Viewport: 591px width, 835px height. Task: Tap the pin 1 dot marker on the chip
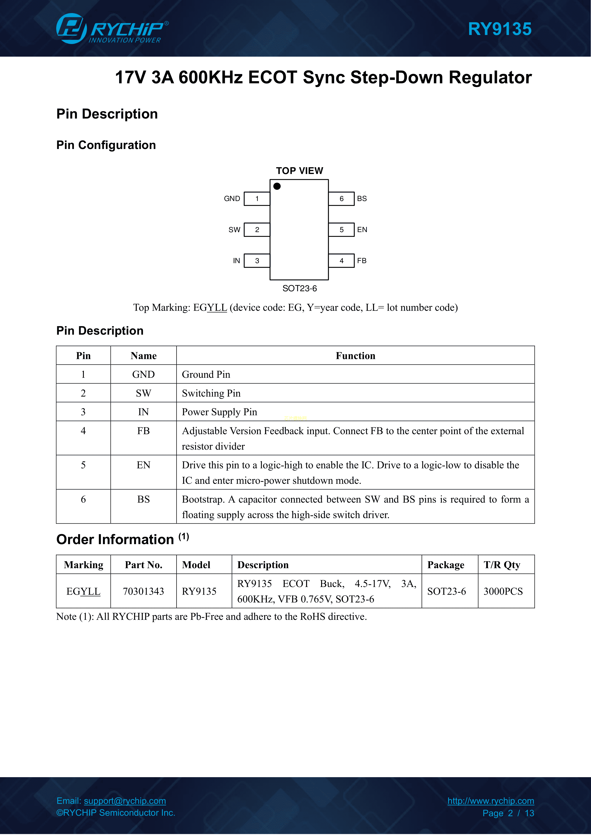[277, 186]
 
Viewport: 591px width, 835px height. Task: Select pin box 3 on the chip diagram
[257, 261]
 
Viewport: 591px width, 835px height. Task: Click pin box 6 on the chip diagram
[341, 199]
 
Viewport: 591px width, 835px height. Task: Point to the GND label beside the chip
[232, 199]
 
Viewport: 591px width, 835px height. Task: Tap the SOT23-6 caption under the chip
[299, 288]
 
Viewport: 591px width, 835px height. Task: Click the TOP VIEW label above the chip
[299, 171]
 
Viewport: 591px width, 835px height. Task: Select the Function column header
[355, 356]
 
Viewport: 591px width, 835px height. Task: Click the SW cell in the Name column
[143, 393]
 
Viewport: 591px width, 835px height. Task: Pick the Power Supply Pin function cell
[219, 412]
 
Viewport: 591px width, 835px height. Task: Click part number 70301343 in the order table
[143, 591]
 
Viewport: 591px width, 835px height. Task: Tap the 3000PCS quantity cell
[503, 591]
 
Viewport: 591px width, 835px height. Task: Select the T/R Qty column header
[502, 565]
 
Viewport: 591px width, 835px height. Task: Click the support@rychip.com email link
[125, 801]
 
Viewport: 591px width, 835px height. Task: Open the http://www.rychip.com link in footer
[490, 801]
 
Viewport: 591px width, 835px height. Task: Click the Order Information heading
[115, 539]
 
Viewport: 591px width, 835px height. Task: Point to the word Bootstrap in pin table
[203, 499]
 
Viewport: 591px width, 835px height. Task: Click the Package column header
[446, 565]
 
